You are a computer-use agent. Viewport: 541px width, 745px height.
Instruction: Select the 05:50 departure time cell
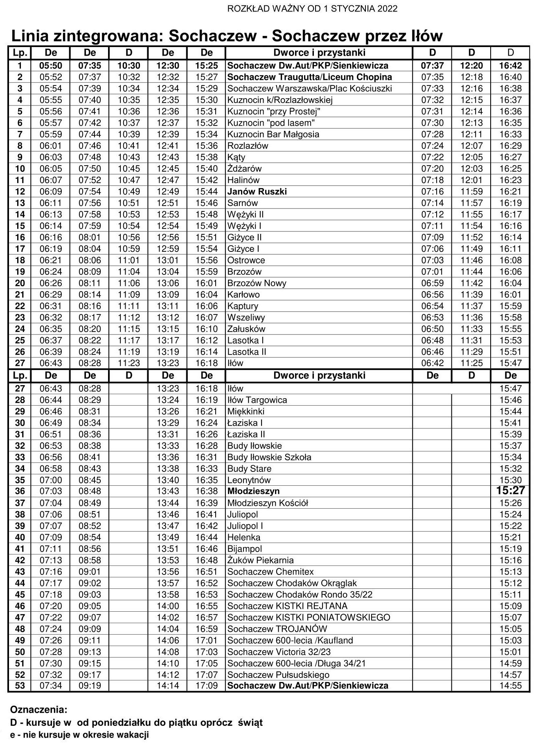[51, 66]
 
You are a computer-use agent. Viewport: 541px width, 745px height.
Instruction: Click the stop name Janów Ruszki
[257, 191]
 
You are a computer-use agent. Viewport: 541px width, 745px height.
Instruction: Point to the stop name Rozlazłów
[248, 146]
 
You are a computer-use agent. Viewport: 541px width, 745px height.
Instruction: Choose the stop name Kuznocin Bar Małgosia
[273, 135]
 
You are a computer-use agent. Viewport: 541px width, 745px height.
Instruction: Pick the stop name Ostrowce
[246, 260]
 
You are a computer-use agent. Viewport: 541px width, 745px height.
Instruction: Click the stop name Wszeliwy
[246, 317]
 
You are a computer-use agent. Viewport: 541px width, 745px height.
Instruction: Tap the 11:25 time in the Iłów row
[471, 363]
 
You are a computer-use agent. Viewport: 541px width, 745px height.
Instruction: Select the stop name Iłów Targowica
[257, 400]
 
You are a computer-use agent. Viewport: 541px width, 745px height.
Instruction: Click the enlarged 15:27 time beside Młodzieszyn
[510, 491]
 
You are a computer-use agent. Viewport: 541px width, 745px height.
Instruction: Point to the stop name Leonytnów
[249, 480]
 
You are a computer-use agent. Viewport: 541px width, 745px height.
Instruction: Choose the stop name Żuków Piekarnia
[260, 560]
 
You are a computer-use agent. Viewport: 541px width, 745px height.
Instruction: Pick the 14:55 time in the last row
[510, 685]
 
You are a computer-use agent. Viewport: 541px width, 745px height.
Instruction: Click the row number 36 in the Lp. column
[20, 491]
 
